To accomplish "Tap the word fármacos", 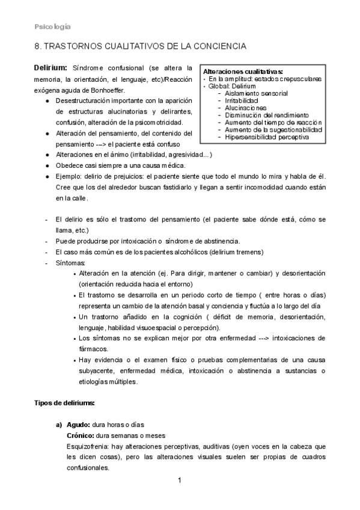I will (93, 348).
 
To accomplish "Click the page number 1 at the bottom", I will (180, 481).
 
